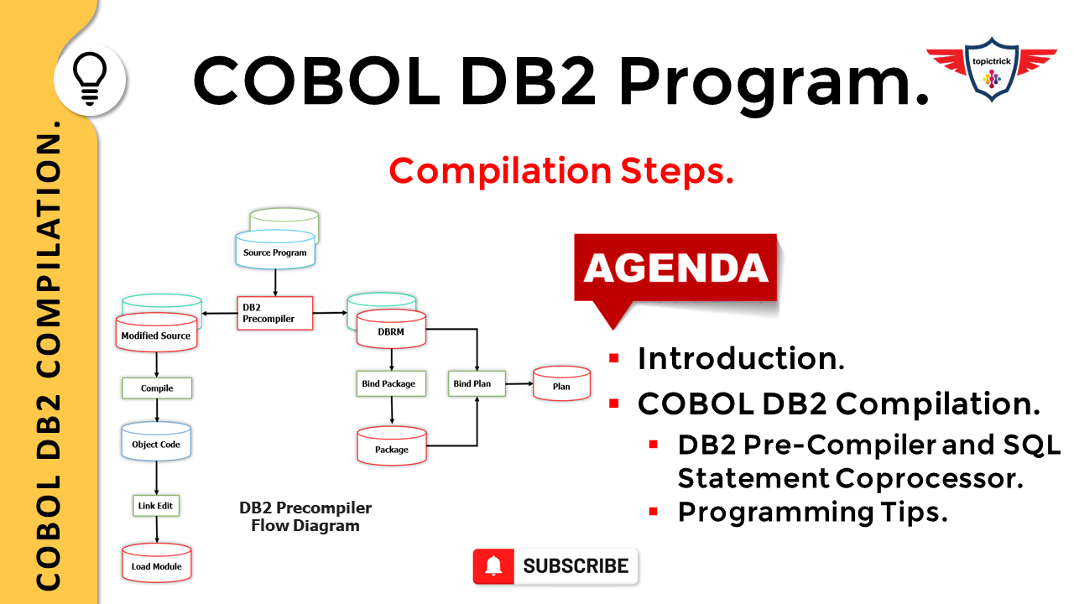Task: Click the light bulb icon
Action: tap(90, 79)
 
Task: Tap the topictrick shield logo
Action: tap(992, 70)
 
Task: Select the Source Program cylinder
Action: tap(275, 249)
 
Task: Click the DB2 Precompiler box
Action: tap(274, 313)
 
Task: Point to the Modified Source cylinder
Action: tap(156, 332)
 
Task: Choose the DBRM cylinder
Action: tap(391, 328)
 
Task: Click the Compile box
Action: tap(157, 388)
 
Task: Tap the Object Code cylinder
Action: tap(156, 441)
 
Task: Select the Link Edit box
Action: tap(156, 506)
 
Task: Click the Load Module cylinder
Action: tap(157, 563)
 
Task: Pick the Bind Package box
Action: tap(391, 383)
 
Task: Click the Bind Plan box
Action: tap(477, 383)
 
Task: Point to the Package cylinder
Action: tap(392, 445)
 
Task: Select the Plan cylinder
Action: tap(561, 383)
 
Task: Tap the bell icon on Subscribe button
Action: tap(493, 566)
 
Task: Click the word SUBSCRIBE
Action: tap(576, 566)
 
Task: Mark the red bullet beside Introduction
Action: tap(613, 358)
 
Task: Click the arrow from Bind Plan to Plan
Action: tap(519, 383)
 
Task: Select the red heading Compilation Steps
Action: tap(561, 171)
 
